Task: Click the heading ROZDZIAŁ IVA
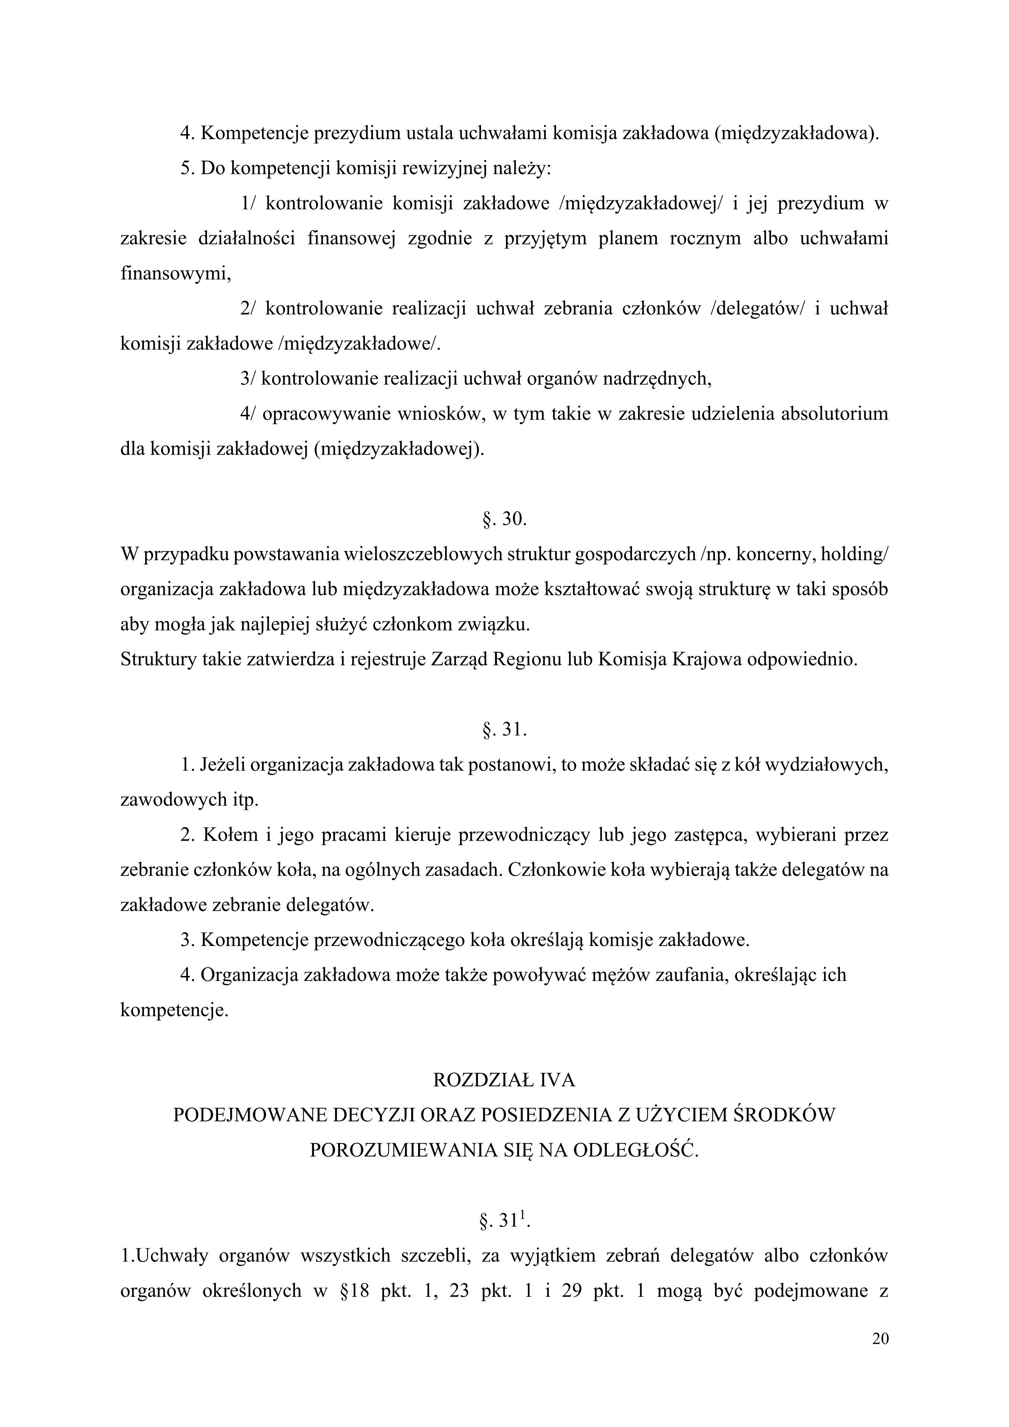coord(504,1080)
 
